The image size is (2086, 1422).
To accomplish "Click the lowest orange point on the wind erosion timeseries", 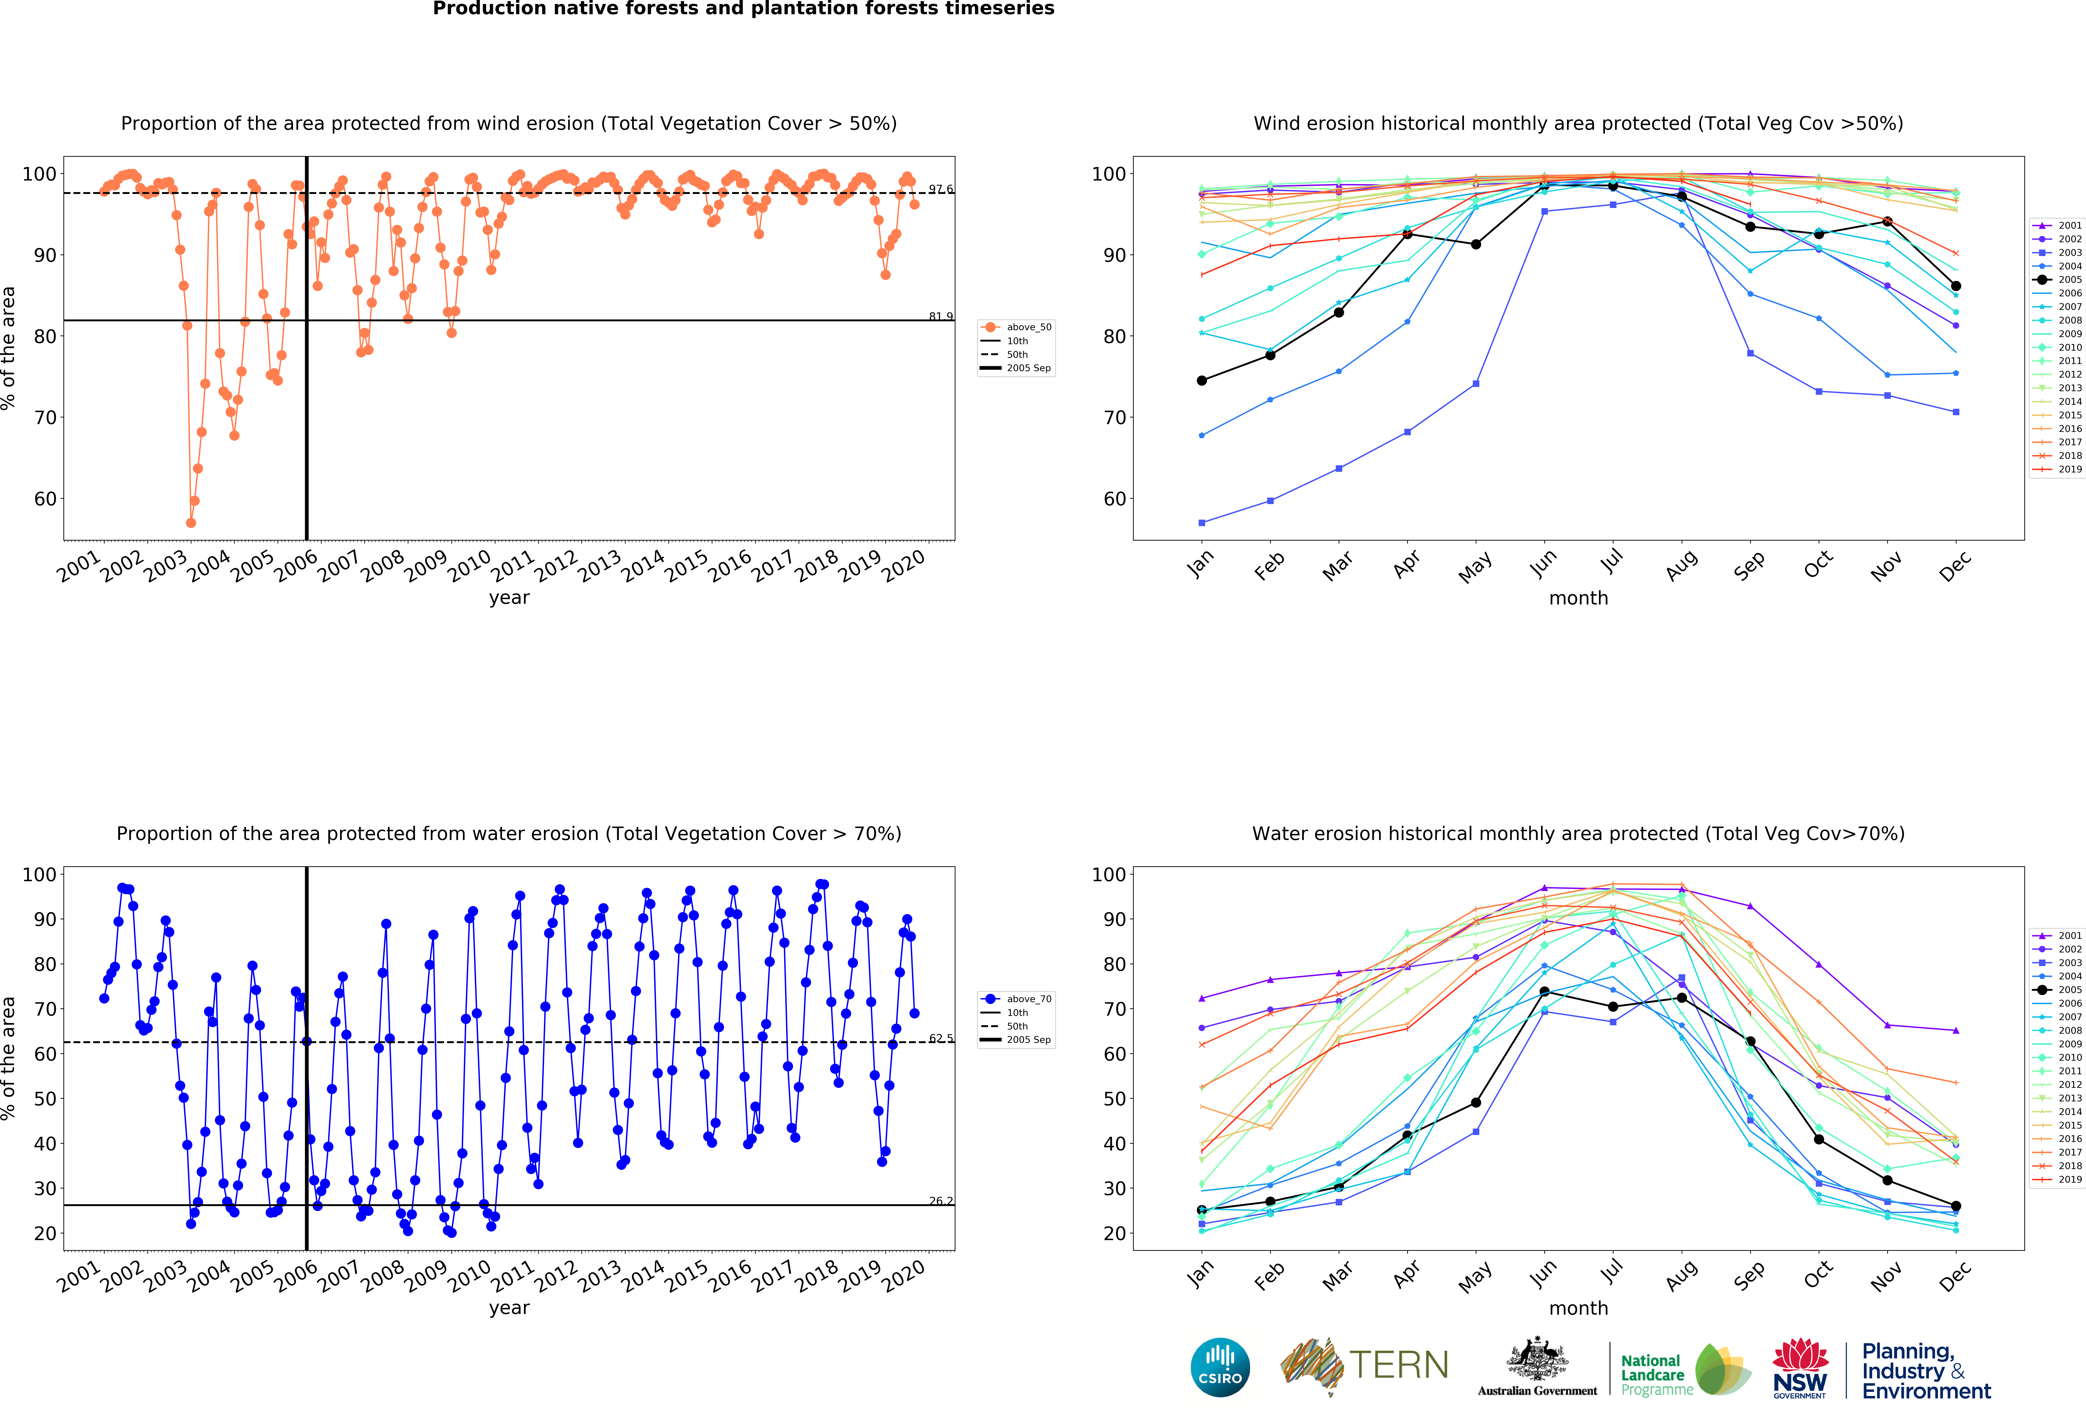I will [x=190, y=523].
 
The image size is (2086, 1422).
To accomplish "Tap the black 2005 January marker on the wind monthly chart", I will [x=1202, y=381].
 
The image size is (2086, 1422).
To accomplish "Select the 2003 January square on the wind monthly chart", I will [x=1202, y=523].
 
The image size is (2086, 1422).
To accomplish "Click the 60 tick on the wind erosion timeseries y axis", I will [x=45, y=499].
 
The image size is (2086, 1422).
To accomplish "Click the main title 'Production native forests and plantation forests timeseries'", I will [x=743, y=9].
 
